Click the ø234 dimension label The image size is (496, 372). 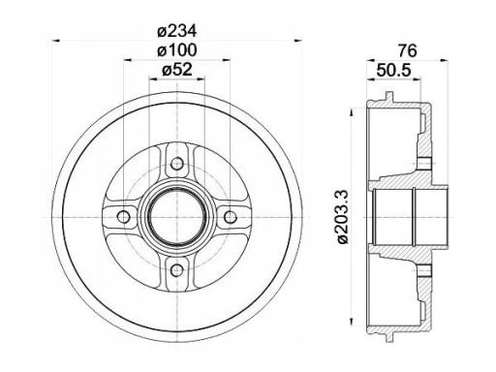(176, 31)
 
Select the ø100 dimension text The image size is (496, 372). (176, 50)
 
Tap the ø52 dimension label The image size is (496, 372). (176, 70)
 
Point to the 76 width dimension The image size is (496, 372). (408, 50)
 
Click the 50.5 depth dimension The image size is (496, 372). (394, 70)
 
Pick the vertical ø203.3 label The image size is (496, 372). (342, 217)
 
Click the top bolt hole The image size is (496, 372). (177, 164)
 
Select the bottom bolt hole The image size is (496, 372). (177, 270)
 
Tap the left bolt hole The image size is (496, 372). (124, 217)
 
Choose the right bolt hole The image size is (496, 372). (231, 217)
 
